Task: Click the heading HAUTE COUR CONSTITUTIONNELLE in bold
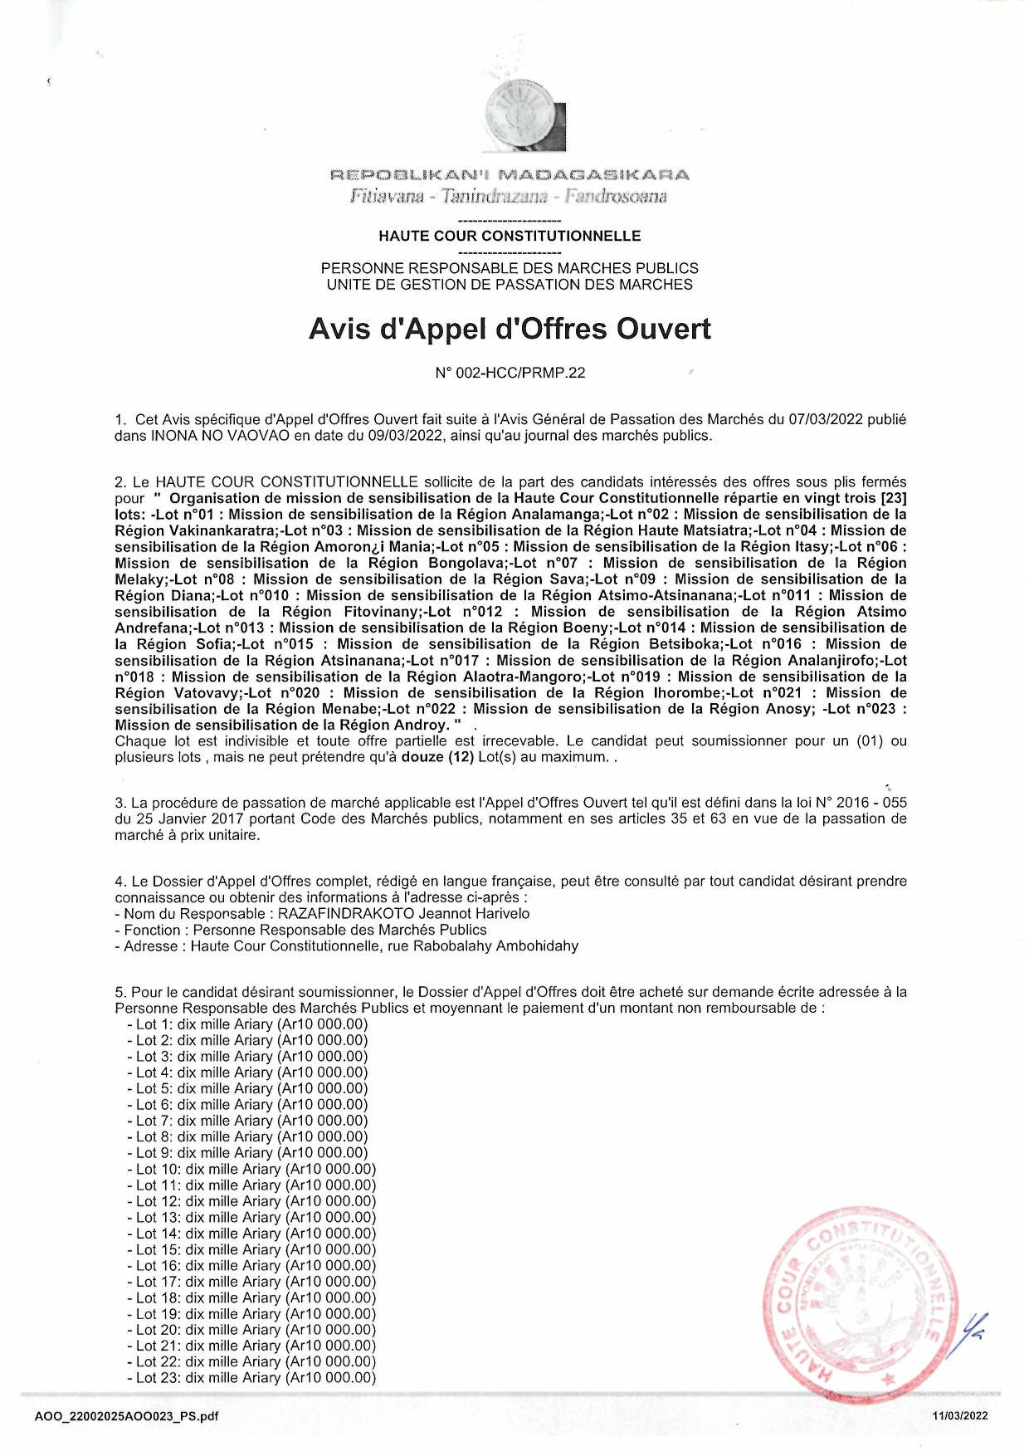[510, 236]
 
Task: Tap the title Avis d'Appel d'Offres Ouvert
[510, 330]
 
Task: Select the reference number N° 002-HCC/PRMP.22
[510, 373]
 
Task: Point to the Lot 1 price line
[247, 1024]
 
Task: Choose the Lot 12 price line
[251, 1201]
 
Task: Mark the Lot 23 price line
[251, 1378]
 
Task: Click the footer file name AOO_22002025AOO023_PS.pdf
[127, 1417]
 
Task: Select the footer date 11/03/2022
[960, 1417]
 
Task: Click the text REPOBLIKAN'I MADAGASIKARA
[510, 175]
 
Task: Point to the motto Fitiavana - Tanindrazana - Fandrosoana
[510, 197]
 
